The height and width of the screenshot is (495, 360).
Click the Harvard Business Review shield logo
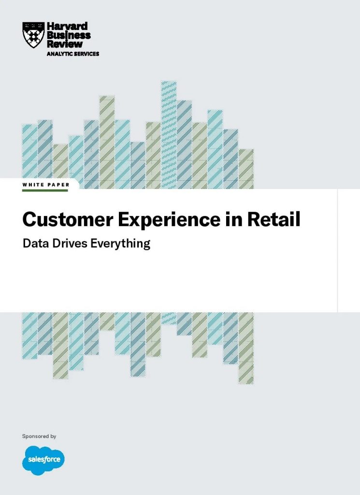click(x=33, y=35)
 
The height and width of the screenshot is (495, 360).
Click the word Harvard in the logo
click(x=67, y=26)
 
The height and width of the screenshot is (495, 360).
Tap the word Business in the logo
click(x=69, y=35)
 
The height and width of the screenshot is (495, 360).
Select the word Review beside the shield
click(x=65, y=44)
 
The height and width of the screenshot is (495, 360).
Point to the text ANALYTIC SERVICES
click(x=73, y=54)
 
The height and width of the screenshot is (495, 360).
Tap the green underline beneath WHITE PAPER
click(x=45, y=190)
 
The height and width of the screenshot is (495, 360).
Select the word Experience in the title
click(x=169, y=220)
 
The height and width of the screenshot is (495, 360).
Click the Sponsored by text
click(x=39, y=437)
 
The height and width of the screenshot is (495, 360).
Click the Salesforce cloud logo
click(x=43, y=460)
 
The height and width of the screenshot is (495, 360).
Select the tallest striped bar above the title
click(x=169, y=135)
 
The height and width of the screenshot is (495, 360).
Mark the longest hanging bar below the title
click(x=246, y=348)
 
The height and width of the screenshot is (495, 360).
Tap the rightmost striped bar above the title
click(x=246, y=169)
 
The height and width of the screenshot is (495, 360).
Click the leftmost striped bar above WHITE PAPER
click(x=29, y=151)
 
